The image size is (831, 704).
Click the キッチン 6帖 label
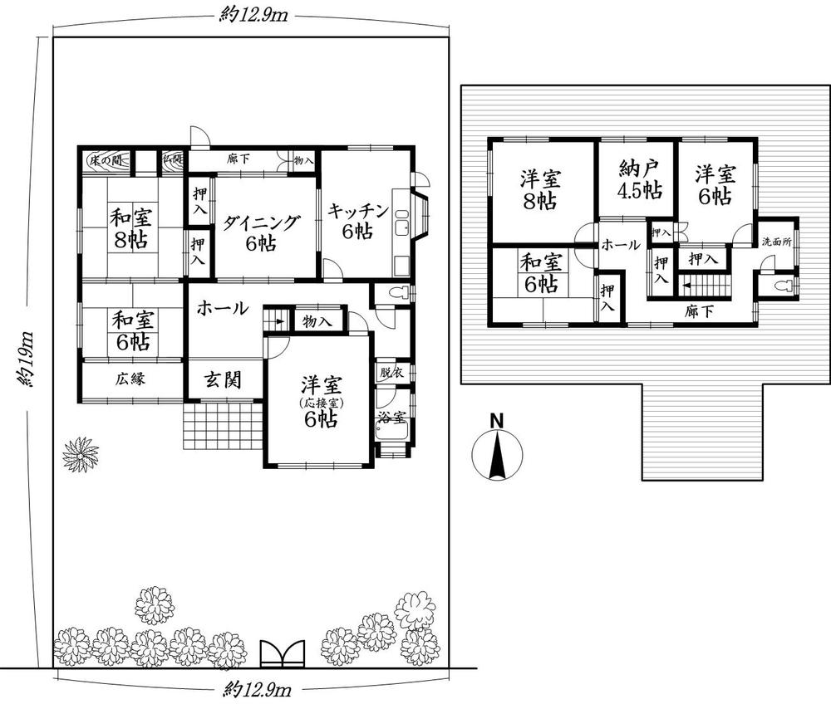pyautogui.click(x=357, y=220)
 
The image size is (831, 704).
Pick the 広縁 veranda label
pyautogui.click(x=130, y=379)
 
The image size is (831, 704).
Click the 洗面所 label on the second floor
pyautogui.click(x=777, y=242)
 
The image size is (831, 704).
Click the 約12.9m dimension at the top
pyautogui.click(x=250, y=16)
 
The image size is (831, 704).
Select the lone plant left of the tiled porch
pyautogui.click(x=81, y=454)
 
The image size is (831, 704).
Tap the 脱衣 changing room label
pyautogui.click(x=391, y=373)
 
